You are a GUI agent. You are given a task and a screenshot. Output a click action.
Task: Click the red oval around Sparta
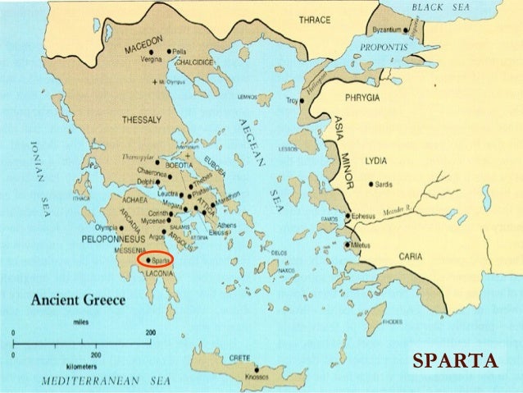[155, 260]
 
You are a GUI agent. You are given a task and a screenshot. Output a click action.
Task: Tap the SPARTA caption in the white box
[454, 361]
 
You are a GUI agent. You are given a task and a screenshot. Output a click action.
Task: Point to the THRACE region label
[315, 20]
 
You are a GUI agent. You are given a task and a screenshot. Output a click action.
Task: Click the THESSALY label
[142, 121]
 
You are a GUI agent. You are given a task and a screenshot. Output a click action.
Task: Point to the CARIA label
[411, 256]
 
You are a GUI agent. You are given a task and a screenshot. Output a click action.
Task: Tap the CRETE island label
[240, 358]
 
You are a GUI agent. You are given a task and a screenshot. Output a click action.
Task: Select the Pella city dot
[169, 51]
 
